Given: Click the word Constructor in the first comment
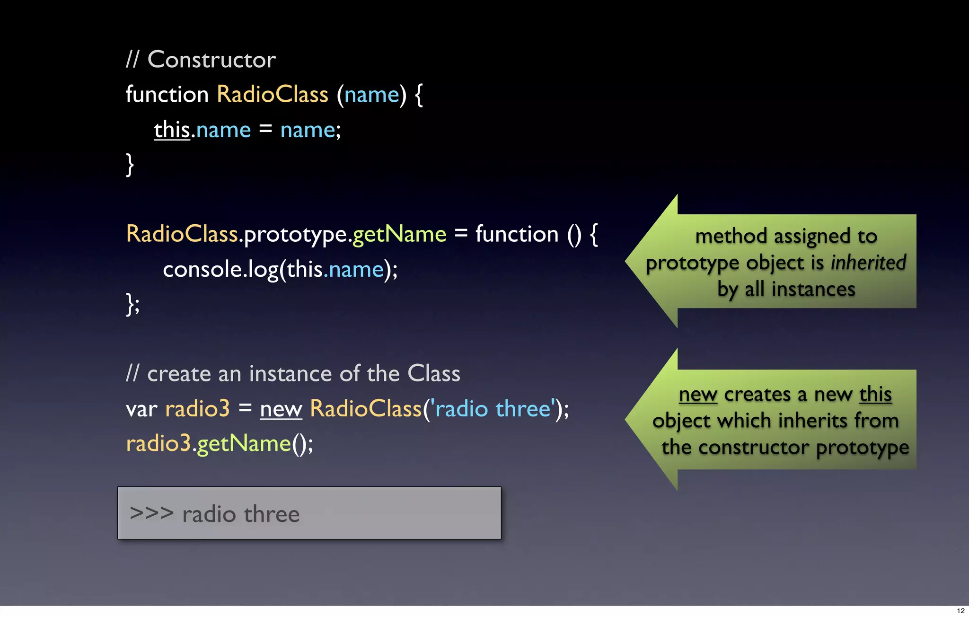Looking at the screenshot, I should [x=211, y=60].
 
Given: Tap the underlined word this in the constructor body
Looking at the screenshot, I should [x=172, y=130].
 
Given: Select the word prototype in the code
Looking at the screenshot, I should [x=296, y=235].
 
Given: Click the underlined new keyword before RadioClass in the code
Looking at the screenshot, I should [x=281, y=409].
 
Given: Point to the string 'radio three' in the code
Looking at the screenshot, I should [x=493, y=409].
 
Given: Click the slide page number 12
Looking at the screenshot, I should [x=960, y=610].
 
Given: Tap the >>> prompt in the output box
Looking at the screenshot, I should [x=151, y=513].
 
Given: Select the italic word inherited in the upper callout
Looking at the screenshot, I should [x=868, y=263].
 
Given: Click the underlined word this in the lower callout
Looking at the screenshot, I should [x=875, y=394].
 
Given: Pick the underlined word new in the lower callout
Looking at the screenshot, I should [x=698, y=395].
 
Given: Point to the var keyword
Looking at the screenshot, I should [x=141, y=409].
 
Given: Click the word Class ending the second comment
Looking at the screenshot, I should [x=433, y=374].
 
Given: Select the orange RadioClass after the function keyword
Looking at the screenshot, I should [x=273, y=94].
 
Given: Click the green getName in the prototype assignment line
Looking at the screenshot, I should [x=399, y=235].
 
